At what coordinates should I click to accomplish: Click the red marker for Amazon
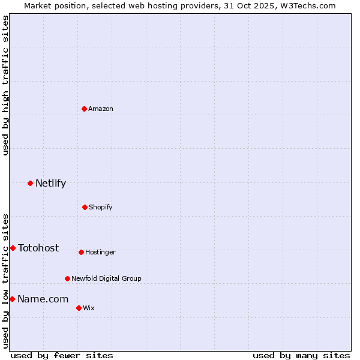[x=85, y=109]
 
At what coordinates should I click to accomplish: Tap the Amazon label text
[x=101, y=109]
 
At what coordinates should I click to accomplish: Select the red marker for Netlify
[x=31, y=183]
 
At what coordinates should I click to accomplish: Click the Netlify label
[x=50, y=184]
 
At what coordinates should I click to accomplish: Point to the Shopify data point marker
[x=85, y=207]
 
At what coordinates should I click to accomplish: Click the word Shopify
[x=101, y=208]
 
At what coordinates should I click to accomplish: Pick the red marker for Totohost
[x=13, y=248]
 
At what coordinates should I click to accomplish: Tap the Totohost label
[x=38, y=248]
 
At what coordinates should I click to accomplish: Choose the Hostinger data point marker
[x=81, y=252]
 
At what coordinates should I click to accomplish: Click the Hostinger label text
[x=100, y=253]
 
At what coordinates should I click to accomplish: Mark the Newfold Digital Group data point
[x=67, y=278]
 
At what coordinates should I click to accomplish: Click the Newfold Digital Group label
[x=106, y=279]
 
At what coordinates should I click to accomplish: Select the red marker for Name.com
[x=12, y=299]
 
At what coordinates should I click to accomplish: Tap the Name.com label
[x=43, y=299]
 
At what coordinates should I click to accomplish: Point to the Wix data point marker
[x=79, y=308]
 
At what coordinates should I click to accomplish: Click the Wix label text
[x=89, y=308]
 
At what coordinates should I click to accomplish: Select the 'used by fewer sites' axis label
[x=62, y=356]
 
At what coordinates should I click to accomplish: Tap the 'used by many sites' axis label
[x=301, y=356]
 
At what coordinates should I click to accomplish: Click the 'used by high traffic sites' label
[x=5, y=86]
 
